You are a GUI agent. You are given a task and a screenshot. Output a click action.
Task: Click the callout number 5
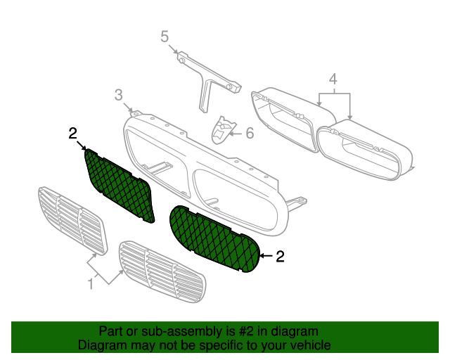click(x=165, y=37)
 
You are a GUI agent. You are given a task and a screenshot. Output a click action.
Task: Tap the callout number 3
click(x=119, y=95)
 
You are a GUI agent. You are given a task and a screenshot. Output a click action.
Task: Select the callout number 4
click(x=333, y=79)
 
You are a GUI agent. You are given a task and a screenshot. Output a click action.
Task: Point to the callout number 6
click(x=250, y=133)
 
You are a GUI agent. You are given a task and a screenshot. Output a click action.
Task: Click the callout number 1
click(x=91, y=284)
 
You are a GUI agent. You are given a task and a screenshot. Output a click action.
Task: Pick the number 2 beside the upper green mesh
click(x=73, y=134)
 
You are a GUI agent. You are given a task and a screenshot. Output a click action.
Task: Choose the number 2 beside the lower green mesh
click(x=280, y=256)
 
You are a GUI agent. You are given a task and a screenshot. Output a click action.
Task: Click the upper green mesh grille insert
click(x=120, y=185)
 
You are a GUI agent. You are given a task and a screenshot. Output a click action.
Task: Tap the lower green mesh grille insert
click(x=214, y=239)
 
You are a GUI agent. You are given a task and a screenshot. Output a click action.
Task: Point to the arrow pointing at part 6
click(x=236, y=134)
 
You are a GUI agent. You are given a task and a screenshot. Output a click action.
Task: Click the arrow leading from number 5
click(x=173, y=49)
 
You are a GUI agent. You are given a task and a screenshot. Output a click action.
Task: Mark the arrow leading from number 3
click(x=128, y=108)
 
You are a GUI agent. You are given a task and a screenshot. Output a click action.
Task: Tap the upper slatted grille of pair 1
click(x=72, y=221)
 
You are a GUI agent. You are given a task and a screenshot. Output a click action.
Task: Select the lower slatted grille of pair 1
click(x=162, y=271)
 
